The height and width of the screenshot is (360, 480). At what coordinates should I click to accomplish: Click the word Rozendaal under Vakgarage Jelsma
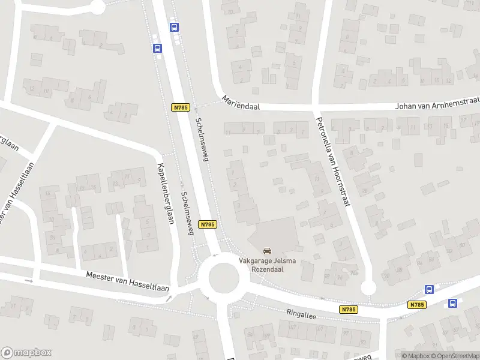point(268,269)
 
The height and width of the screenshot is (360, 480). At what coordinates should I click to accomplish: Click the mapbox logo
point(26,353)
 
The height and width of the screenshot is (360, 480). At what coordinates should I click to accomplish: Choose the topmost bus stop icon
point(174,27)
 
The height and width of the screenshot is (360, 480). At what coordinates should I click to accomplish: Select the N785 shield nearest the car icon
point(208,224)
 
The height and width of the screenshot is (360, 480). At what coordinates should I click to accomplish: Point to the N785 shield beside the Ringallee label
point(348,310)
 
